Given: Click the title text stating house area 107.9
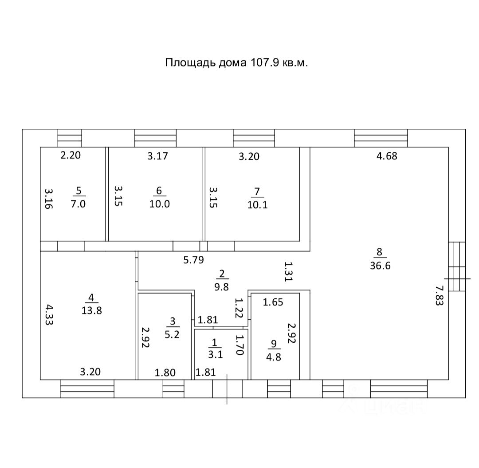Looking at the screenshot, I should click(236, 63).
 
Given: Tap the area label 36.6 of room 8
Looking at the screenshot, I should click(379, 266).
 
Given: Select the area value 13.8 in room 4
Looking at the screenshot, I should click(92, 310).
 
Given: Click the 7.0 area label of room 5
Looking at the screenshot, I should click(79, 204).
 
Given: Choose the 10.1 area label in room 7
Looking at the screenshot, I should click(257, 205).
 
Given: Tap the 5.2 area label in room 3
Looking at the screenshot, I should click(172, 334).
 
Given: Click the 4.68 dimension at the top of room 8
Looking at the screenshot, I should click(386, 156).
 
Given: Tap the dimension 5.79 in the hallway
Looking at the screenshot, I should click(193, 260).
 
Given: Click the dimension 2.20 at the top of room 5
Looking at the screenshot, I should click(71, 155).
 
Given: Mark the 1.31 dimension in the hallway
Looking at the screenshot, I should click(289, 271).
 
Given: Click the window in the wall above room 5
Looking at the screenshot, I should click(70, 138).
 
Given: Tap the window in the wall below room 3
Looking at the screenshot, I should click(173, 389).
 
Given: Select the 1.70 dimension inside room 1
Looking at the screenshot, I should click(240, 345).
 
